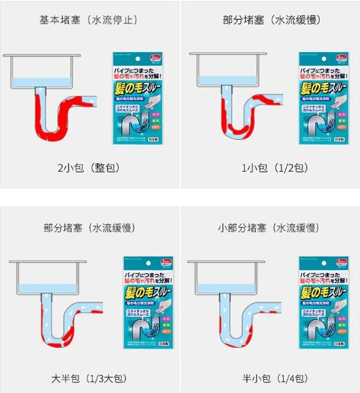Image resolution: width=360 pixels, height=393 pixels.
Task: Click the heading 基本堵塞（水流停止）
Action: click(89, 19)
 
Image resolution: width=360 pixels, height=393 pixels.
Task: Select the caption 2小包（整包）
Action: click(89, 168)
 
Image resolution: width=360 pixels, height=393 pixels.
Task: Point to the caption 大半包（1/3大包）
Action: click(89, 378)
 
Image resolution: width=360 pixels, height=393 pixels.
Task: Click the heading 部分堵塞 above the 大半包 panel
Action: click(89, 227)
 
